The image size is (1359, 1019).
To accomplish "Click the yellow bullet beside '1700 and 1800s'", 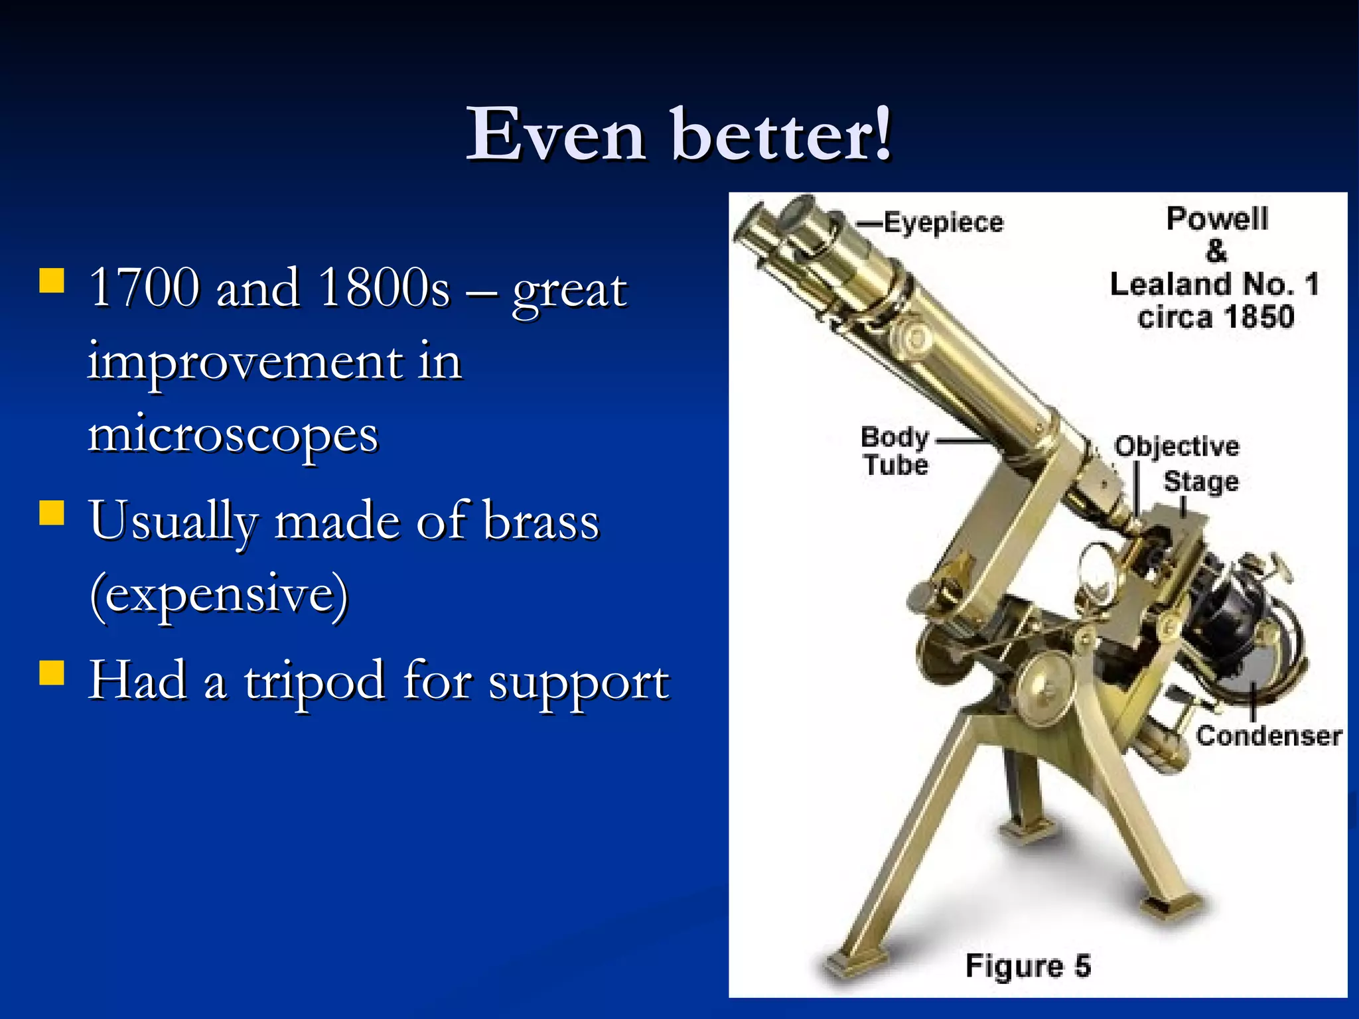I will tap(52, 280).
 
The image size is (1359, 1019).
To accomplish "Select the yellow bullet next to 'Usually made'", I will tap(52, 512).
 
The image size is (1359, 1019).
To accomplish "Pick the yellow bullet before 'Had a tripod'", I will tap(52, 671).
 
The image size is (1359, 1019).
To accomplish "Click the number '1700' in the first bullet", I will tap(144, 288).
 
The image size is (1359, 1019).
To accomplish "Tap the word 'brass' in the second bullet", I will tap(541, 521).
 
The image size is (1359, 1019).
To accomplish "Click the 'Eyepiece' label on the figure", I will tap(943, 222).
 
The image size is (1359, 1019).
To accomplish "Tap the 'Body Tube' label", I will tap(894, 451).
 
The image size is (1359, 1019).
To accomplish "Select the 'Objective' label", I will tap(1177, 446).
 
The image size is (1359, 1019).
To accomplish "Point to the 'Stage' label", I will tap(1201, 480).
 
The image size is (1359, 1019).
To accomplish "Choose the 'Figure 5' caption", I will tap(1027, 965).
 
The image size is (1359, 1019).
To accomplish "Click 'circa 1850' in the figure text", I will tap(1216, 316).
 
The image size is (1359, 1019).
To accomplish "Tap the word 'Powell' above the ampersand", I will tap(1217, 218).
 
